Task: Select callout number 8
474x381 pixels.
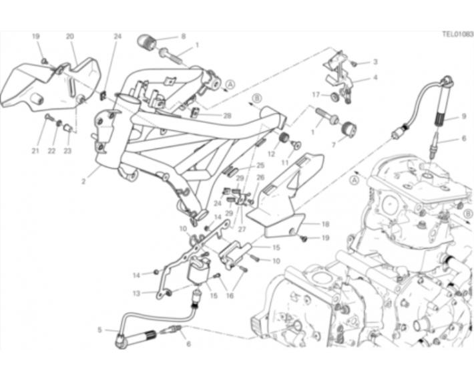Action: click(183, 36)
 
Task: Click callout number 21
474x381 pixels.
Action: click(35, 150)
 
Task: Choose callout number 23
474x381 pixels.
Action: click(67, 150)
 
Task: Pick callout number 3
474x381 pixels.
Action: click(375, 62)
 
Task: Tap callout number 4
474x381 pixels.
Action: click(375, 78)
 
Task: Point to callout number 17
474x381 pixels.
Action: click(316, 94)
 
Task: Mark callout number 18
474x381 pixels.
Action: click(325, 225)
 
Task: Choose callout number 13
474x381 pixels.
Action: click(137, 293)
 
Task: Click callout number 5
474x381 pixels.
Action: click(99, 330)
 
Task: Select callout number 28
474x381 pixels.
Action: click(227, 116)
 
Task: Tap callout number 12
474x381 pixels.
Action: click(271, 154)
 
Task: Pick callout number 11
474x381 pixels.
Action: click(285, 162)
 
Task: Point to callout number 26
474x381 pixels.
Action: click(260, 177)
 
